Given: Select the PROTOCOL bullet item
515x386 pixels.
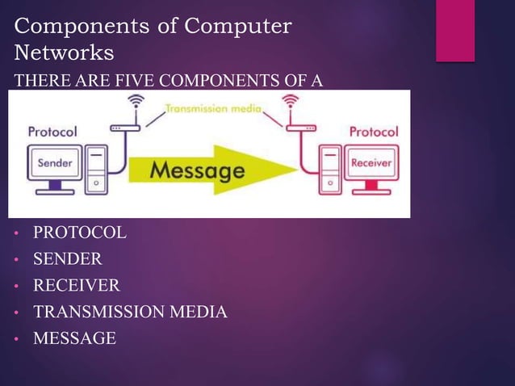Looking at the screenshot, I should point(79,233).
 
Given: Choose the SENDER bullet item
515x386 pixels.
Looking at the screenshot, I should point(67,259).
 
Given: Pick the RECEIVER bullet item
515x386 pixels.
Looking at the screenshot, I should point(76,285).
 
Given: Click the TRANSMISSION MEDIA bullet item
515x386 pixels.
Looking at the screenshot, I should point(129,312).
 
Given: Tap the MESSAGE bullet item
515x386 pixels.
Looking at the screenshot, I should point(74,338).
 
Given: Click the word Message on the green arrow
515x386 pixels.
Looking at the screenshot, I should point(197,170).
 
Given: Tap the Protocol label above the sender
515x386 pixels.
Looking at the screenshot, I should point(52,132).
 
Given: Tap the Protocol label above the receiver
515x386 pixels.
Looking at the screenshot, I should point(373,132).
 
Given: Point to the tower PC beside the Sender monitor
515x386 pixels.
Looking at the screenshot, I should point(97,170).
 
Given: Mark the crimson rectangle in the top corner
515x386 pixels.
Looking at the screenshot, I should point(454,30).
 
